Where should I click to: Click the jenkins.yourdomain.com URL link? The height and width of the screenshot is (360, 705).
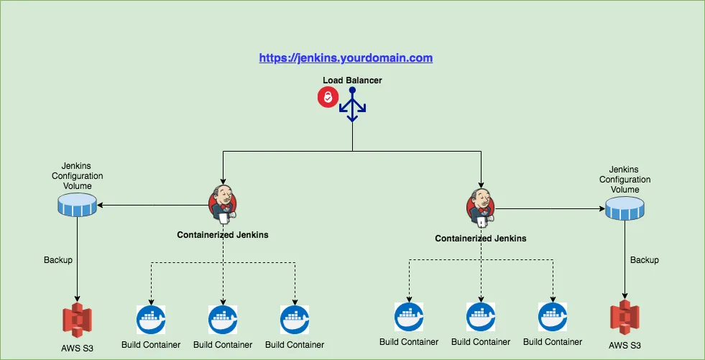click(x=346, y=57)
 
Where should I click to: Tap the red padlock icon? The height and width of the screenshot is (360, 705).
click(x=328, y=98)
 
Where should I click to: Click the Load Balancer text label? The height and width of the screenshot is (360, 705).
click(x=352, y=80)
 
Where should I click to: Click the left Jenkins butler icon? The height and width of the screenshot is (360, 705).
click(x=223, y=203)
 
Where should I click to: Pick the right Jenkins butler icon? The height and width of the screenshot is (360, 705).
click(x=481, y=207)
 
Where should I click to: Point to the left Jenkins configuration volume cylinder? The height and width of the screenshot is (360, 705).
click(x=77, y=206)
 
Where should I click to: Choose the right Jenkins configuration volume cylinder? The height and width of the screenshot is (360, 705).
click(x=624, y=210)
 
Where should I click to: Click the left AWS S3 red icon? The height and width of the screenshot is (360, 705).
click(x=77, y=320)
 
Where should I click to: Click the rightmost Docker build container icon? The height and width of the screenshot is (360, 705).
click(x=553, y=318)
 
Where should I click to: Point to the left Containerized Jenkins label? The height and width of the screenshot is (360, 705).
click(x=223, y=235)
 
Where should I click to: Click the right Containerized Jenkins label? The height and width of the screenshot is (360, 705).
click(x=481, y=239)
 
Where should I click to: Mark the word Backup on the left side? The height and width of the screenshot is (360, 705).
click(x=58, y=259)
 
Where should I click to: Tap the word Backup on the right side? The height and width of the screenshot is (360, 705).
click(x=645, y=260)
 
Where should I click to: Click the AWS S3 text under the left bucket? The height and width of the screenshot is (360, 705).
click(x=77, y=349)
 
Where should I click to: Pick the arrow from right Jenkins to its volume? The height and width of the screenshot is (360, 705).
click(x=550, y=209)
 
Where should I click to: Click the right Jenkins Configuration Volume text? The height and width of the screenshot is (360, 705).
click(x=625, y=180)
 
